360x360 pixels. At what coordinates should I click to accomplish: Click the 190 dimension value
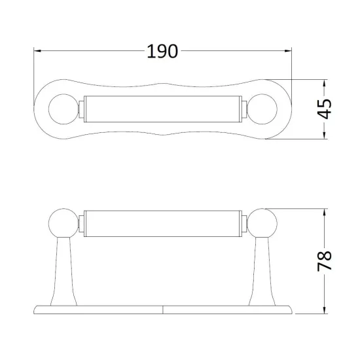tap(162, 51)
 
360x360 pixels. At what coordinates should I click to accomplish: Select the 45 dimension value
tap(325, 109)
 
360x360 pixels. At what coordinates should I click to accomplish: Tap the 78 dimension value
tap(325, 261)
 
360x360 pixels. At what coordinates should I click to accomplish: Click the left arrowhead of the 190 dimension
tap(37, 51)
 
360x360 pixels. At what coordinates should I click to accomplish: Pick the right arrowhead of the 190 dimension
tap(288, 51)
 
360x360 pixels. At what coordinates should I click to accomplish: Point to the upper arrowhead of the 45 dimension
tap(325, 83)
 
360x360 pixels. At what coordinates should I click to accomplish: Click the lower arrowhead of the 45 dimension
tap(325, 135)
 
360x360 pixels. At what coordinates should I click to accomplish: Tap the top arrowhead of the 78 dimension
tap(325, 212)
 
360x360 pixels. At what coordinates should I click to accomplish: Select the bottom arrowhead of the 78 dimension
tap(325, 310)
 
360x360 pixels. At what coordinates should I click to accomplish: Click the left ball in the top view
tap(64, 109)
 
